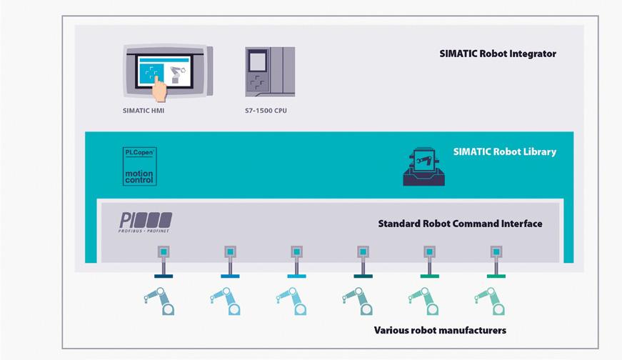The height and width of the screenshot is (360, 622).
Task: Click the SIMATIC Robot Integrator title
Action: pyautogui.click(x=497, y=54)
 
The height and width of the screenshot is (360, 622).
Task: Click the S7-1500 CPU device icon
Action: pyautogui.click(x=270, y=71)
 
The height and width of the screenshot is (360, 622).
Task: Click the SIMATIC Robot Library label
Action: pyautogui.click(x=504, y=151)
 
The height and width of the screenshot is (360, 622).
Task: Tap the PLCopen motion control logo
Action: pyautogui.click(x=139, y=166)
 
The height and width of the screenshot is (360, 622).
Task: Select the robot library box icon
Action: pyautogui.click(x=423, y=166)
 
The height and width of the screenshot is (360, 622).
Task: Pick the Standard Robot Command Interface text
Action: pyautogui.click(x=460, y=224)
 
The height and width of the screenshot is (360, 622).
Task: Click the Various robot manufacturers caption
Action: pyautogui.click(x=440, y=330)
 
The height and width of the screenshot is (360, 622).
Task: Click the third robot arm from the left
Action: pyautogui.click(x=292, y=301)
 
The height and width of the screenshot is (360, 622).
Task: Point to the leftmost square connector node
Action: pyautogui.click(x=164, y=252)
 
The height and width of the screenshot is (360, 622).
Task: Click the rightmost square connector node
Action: pyautogui.click(x=496, y=252)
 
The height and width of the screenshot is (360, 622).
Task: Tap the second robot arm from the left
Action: pyautogui.click(x=226, y=301)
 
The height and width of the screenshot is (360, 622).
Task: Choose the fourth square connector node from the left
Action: pyautogui.click(x=363, y=252)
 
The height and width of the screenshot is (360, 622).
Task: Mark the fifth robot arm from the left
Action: pyautogui.click(x=425, y=301)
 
